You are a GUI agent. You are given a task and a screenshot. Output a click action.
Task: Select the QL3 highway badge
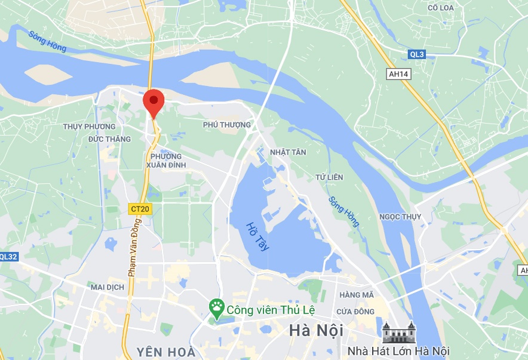(417, 54)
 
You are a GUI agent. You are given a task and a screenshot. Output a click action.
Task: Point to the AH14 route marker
(398, 73)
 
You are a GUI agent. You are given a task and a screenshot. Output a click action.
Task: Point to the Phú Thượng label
(227, 125)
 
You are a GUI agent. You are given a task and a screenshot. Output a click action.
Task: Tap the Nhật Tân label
(288, 152)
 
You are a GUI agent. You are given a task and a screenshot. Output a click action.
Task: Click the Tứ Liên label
(330, 177)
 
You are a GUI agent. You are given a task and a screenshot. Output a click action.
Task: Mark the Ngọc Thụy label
(400, 217)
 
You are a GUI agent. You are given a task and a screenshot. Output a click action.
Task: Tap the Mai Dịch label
(107, 287)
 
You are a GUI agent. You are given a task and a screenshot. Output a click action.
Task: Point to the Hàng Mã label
(356, 295)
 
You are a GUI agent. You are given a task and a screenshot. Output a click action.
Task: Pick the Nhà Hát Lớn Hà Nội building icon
(398, 331)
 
